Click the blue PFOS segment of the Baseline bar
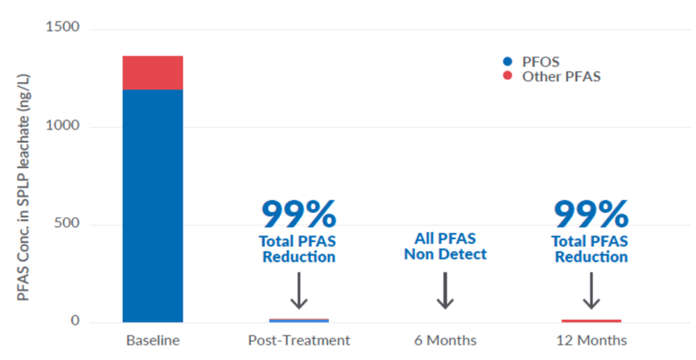tap(153, 206)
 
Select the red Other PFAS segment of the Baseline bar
tap(153, 73)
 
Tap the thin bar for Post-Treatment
tap(298, 320)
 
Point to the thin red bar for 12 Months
tap(591, 321)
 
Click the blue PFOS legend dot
tap(508, 62)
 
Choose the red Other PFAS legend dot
tap(508, 76)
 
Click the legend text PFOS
tap(540, 62)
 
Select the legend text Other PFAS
tap(562, 76)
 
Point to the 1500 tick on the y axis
tap(62, 27)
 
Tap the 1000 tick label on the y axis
tap(62, 125)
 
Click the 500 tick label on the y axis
tap(67, 223)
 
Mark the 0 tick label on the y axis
tap(76, 320)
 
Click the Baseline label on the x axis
tap(153, 340)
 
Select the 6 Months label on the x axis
tap(445, 340)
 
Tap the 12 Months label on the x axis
tap(592, 340)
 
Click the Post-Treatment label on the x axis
tap(298, 340)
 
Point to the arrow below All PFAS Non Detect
tap(445, 290)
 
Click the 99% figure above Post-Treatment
tap(298, 214)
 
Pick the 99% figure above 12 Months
tap(591, 214)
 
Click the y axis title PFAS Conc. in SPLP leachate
tap(23, 187)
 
